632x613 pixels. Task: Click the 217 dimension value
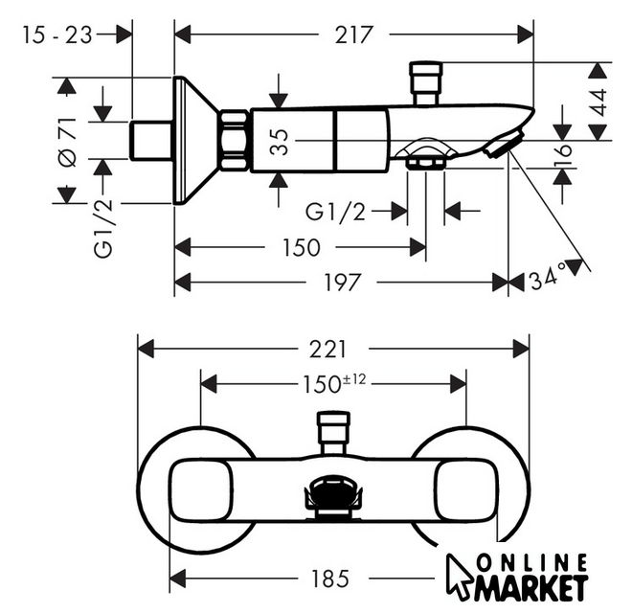[x=354, y=34]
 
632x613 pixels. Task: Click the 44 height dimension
[x=599, y=101]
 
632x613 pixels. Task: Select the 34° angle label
[x=548, y=280]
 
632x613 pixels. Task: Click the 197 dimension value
[x=341, y=282]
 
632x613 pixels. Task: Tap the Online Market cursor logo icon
[x=460, y=574]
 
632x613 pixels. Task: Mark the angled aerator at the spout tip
[x=501, y=146]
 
